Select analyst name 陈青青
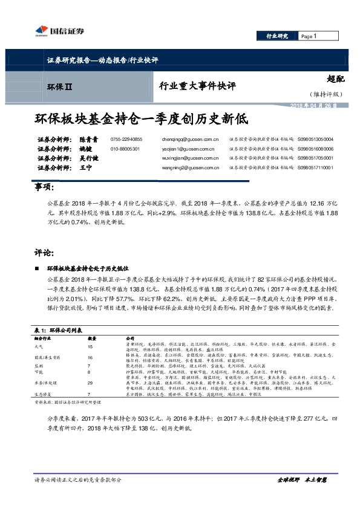[88, 139]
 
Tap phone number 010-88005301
[125, 148]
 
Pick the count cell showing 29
[91, 383]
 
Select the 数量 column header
[93, 337]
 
